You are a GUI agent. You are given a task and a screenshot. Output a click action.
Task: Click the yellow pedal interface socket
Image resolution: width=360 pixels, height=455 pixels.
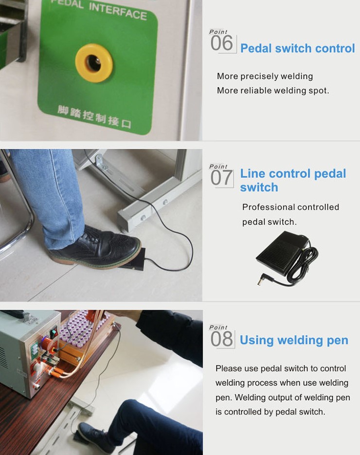pyautogui.click(x=94, y=63)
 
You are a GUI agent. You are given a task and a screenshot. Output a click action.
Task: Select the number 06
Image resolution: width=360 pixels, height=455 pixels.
pyautogui.click(x=221, y=43)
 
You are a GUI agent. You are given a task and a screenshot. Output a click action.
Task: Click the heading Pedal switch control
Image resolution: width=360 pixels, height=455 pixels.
pyautogui.click(x=298, y=48)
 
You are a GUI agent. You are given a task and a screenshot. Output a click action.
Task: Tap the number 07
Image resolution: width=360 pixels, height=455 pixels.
pyautogui.click(x=221, y=177)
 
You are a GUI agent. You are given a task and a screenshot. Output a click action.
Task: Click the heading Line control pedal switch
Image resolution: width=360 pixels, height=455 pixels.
pyautogui.click(x=293, y=180)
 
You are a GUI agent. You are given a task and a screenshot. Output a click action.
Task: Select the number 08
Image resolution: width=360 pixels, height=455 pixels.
pyautogui.click(x=222, y=339)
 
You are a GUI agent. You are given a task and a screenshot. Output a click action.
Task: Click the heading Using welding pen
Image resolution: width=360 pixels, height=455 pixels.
pyautogui.click(x=294, y=340)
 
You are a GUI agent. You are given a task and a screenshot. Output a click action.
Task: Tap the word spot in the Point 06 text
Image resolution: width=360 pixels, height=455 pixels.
pyautogui.click(x=319, y=91)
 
